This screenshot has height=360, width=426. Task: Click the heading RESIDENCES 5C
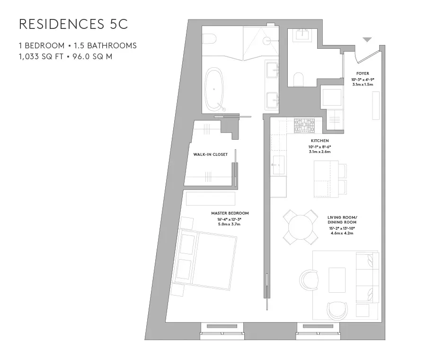(x=73, y=25)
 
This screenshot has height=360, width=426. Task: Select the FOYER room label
(x=363, y=73)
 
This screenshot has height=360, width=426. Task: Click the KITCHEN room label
(x=320, y=141)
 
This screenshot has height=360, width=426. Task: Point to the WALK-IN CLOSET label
(x=210, y=154)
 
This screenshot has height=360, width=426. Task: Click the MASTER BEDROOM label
(x=230, y=213)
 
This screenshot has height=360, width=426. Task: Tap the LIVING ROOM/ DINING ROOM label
(x=342, y=219)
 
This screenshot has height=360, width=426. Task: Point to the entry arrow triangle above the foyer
(x=367, y=40)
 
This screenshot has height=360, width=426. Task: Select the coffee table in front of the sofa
(x=337, y=277)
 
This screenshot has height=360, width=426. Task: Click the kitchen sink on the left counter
(x=278, y=164)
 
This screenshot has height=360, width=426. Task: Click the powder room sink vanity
(x=302, y=36)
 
